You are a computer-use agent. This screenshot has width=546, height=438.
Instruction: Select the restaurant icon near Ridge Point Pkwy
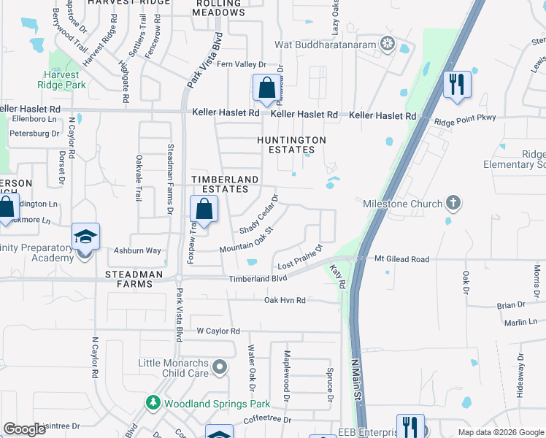coord(457,85)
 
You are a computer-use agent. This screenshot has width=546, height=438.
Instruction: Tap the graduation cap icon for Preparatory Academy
coord(85,237)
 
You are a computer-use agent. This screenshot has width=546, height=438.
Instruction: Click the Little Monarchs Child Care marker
coord(220,368)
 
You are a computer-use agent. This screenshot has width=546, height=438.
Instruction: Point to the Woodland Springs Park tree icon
coord(153,402)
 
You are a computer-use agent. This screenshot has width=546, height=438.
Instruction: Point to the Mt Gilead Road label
coord(402,258)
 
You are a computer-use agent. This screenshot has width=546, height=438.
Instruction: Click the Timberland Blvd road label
coord(258,278)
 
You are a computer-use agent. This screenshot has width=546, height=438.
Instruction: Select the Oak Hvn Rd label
coord(285,300)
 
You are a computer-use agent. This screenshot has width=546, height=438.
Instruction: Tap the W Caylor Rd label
coord(218,331)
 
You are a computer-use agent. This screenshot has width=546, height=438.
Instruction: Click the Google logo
coord(24,429)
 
